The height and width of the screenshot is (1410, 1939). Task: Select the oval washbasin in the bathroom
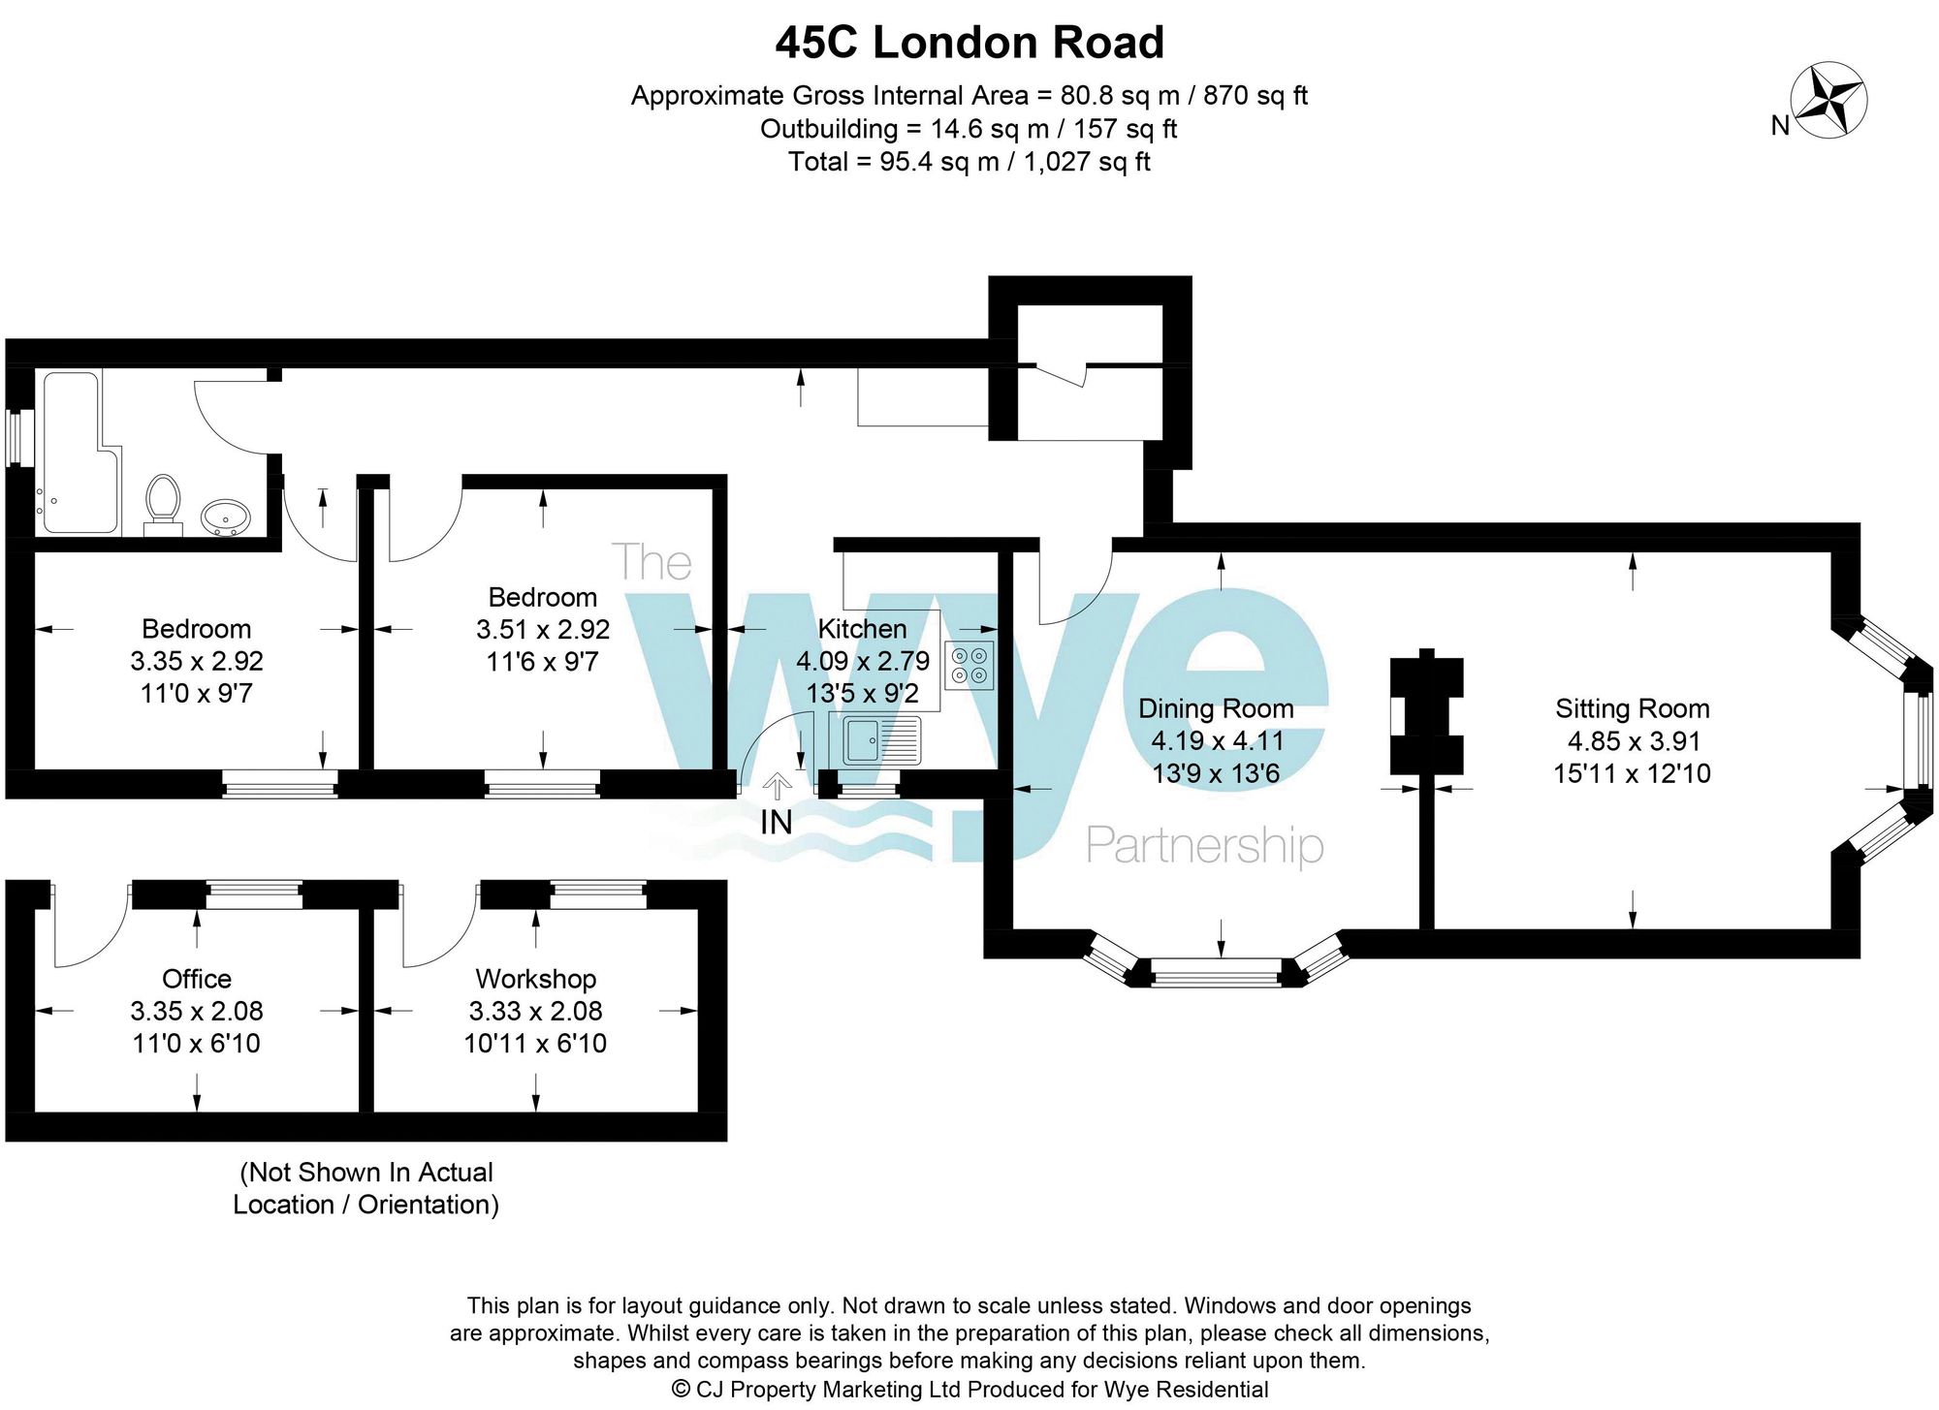226,517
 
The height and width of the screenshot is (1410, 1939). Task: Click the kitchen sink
880,740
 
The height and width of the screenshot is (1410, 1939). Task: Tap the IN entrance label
776,822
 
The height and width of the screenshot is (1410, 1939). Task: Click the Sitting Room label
1632,708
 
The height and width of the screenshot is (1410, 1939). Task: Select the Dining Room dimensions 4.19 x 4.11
1217,741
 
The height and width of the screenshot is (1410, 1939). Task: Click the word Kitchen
862,629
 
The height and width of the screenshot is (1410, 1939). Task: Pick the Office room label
196,979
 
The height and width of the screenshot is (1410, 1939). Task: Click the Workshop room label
535,979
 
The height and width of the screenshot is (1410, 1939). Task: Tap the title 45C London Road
969,43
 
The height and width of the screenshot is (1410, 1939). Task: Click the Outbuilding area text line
969,129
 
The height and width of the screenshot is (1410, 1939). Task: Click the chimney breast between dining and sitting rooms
1426,716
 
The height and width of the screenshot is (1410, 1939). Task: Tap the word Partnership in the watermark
1204,846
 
